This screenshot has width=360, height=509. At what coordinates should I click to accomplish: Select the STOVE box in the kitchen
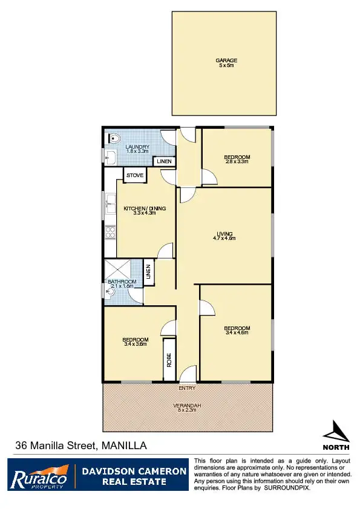134,175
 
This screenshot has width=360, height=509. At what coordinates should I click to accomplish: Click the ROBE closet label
169,360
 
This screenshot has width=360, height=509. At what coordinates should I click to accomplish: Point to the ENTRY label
187,388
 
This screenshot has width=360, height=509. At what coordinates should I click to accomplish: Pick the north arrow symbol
336,432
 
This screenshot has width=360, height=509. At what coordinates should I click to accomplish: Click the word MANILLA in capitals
124,446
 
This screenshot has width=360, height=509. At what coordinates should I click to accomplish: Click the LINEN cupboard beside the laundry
164,161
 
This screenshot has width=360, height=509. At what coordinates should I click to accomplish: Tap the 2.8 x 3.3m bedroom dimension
237,161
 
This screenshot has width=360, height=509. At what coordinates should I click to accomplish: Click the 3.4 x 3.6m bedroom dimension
136,344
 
